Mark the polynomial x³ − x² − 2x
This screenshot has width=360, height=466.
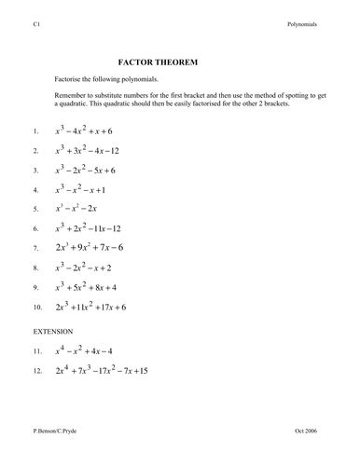(x=82, y=209)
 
